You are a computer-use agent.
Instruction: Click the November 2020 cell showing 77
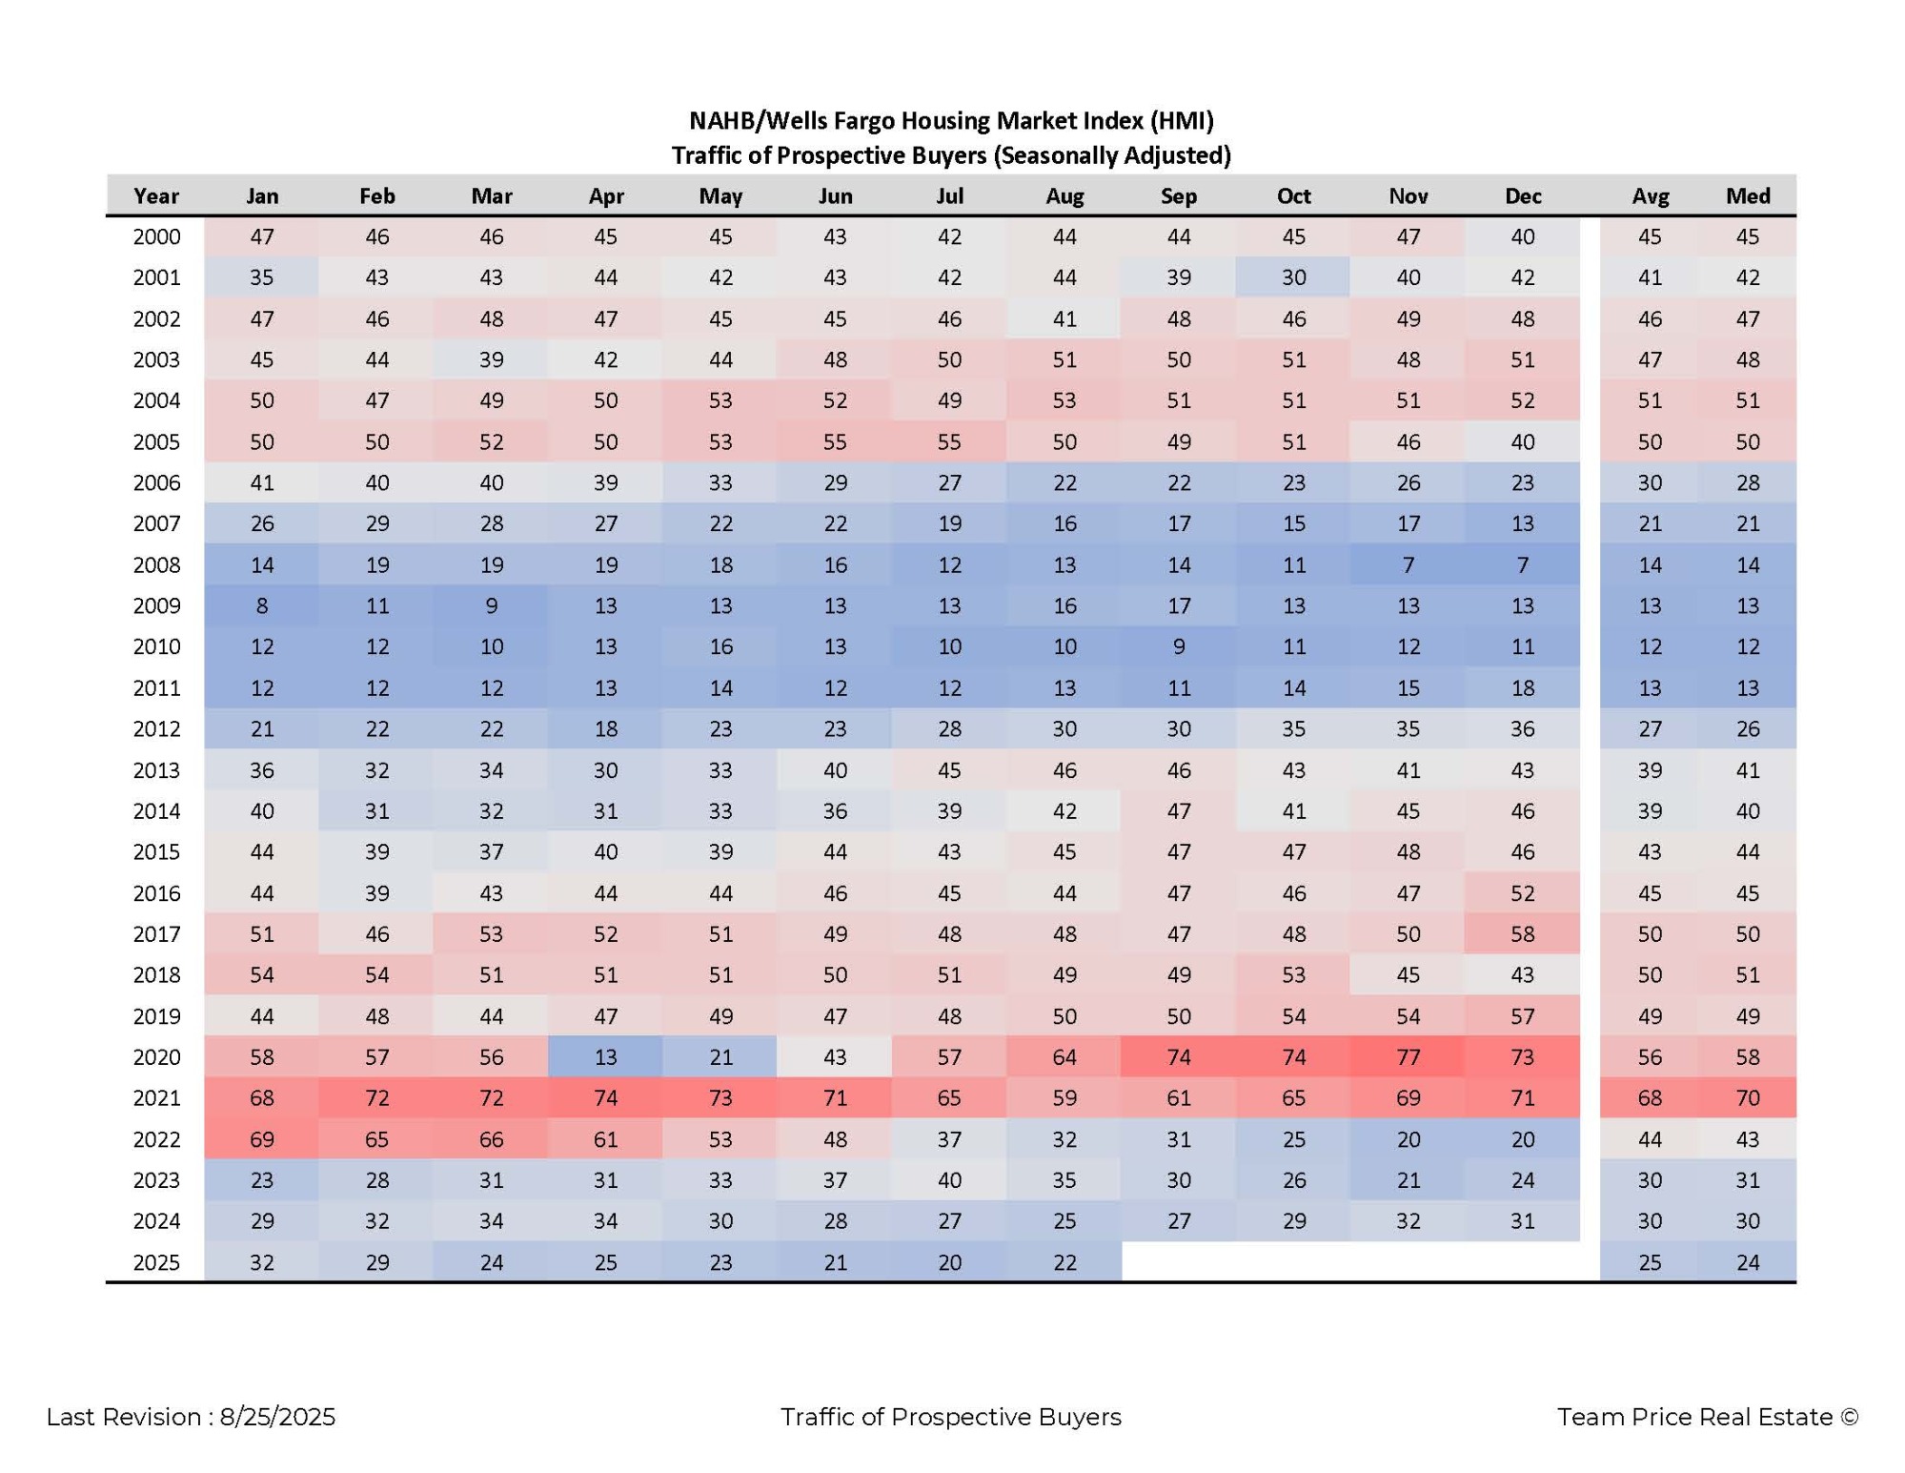click(x=1408, y=1056)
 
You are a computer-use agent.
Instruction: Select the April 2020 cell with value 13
click(x=605, y=1056)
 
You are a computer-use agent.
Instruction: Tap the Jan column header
click(x=262, y=195)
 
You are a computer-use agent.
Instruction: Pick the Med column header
click(x=1748, y=195)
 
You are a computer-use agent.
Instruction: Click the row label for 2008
click(x=156, y=564)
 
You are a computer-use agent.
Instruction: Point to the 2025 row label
click(x=156, y=1261)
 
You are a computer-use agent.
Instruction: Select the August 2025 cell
click(x=1064, y=1261)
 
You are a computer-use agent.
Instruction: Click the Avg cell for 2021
click(x=1650, y=1097)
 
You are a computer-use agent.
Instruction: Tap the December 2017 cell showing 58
click(x=1522, y=933)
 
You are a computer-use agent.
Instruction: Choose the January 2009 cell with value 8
click(x=262, y=605)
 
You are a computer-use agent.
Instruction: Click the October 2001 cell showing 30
click(x=1293, y=277)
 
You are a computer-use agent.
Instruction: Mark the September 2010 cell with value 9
click(x=1179, y=646)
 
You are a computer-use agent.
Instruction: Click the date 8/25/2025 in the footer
click(x=277, y=1417)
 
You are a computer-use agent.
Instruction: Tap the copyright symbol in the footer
click(x=1850, y=1417)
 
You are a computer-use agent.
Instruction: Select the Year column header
click(x=156, y=195)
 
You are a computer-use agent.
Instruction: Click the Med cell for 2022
click(x=1748, y=1138)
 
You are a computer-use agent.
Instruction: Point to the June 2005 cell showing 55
click(x=835, y=441)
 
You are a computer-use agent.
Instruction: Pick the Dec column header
click(x=1522, y=195)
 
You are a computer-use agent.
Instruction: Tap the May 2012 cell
click(x=720, y=728)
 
